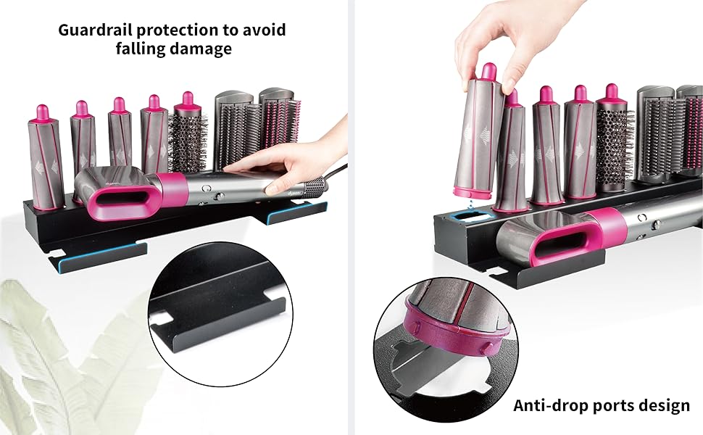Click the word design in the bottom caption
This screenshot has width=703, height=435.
[x=664, y=405]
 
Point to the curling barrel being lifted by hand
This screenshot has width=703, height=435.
[x=477, y=134]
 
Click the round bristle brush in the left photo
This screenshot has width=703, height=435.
[x=188, y=138]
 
